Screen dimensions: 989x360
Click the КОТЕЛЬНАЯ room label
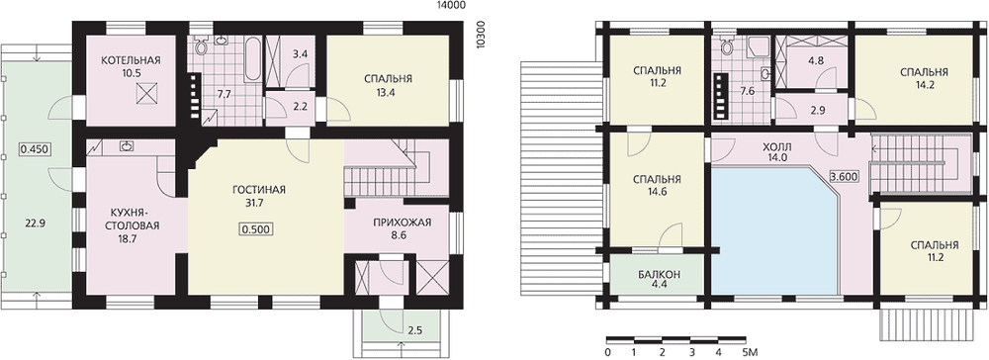coord(132,60)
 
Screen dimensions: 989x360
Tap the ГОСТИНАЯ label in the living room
coord(259,190)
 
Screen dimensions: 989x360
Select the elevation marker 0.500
coord(258,229)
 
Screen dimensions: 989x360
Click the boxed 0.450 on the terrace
coord(34,150)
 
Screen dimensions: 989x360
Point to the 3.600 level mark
coord(844,176)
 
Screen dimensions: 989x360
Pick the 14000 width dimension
coord(450,6)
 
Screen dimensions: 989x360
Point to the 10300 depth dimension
coord(482,34)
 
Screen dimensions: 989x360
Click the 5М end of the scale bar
coord(750,351)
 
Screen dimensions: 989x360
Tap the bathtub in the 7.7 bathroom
coord(252,60)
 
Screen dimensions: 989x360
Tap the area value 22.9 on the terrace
coord(34,222)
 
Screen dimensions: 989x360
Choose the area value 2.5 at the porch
coord(415,329)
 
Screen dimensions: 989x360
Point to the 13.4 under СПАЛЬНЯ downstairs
coord(388,91)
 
